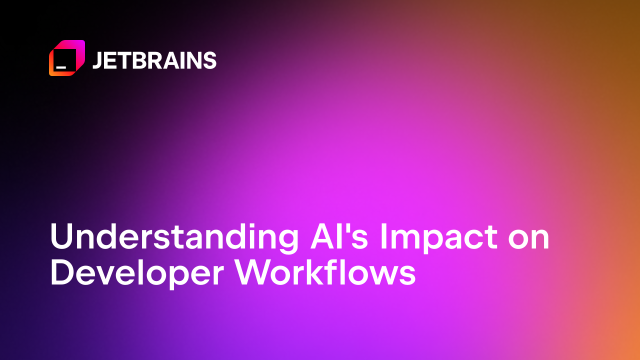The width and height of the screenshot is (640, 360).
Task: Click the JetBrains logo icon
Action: [66, 58]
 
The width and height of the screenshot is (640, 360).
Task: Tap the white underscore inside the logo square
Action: [61, 66]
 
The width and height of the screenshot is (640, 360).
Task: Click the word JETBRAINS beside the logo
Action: [154, 60]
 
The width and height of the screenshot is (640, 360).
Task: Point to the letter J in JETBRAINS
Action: [98, 60]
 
